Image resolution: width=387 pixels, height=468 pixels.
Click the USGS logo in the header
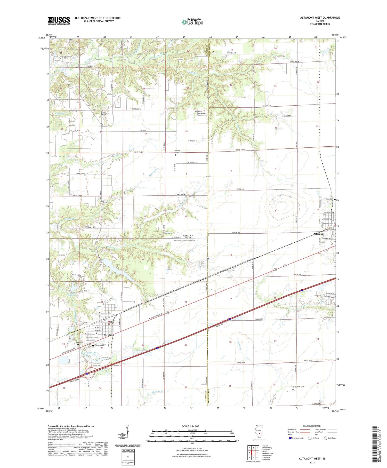tap(59, 21)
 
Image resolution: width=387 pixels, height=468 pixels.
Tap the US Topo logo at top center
tap(192, 22)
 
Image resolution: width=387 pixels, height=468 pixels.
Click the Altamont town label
tap(319, 234)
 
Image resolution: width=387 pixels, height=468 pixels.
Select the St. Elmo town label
tap(109, 335)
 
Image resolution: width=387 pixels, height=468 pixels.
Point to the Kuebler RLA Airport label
tap(188, 237)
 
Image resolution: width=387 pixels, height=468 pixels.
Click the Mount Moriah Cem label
tap(202, 113)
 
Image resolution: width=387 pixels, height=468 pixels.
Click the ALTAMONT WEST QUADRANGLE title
tap(320, 18)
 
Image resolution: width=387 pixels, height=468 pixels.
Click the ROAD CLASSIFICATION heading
tap(312, 426)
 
